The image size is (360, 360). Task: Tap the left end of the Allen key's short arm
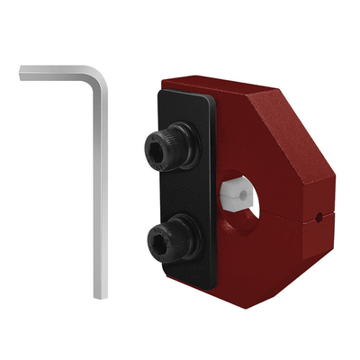click(x=22, y=71)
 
